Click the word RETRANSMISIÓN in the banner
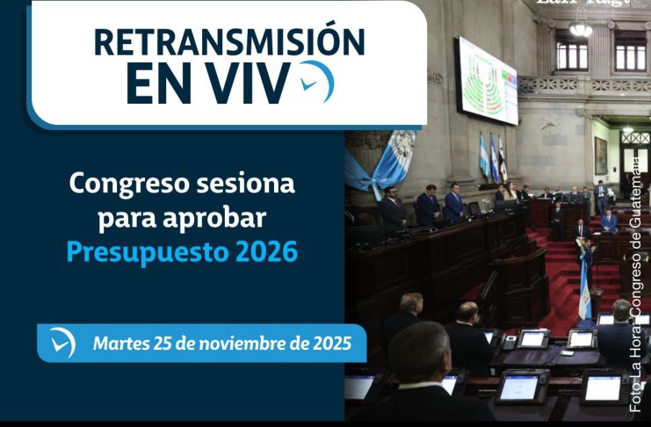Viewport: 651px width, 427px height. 228,42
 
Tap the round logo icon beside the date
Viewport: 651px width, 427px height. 62,343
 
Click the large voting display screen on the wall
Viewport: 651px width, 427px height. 486,80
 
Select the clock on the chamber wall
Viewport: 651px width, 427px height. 550,124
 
